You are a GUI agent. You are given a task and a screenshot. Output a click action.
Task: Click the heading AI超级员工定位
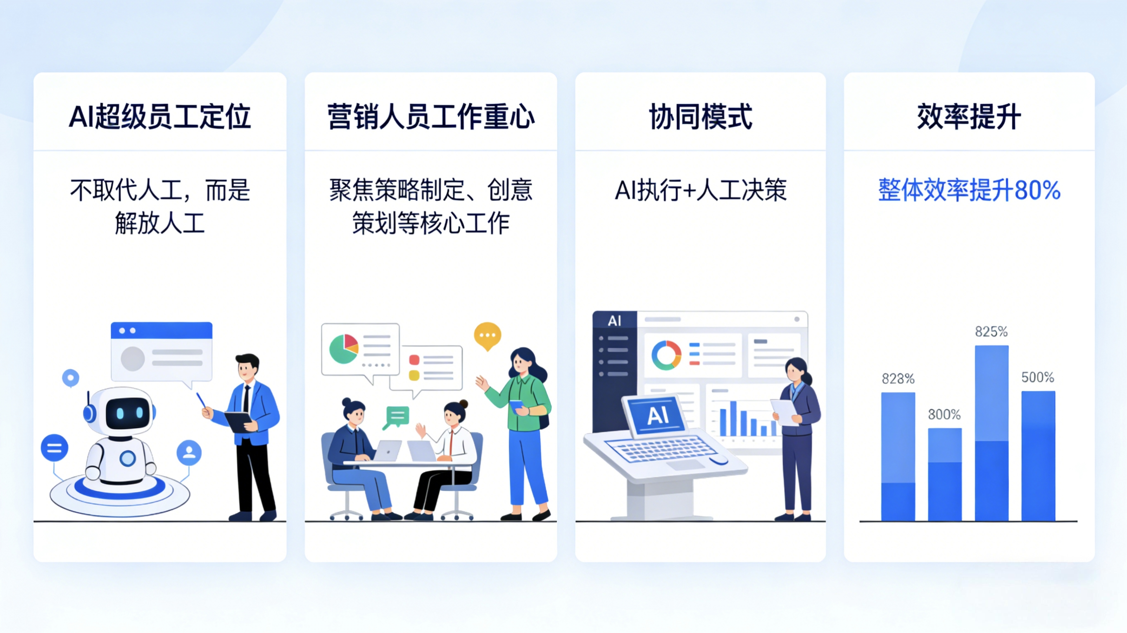click(x=160, y=117)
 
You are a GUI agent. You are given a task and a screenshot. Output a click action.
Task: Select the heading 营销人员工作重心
click(x=431, y=117)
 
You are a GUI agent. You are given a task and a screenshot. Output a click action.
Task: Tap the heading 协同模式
click(x=700, y=117)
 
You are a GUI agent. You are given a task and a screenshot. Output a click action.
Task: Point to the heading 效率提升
click(x=969, y=117)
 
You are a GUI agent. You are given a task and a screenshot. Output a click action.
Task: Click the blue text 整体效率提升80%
click(x=969, y=190)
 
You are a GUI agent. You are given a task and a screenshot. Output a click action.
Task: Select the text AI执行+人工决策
click(x=700, y=190)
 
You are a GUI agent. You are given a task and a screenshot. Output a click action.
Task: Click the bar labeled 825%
click(x=991, y=433)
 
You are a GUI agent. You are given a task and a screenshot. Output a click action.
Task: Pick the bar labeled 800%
click(x=944, y=475)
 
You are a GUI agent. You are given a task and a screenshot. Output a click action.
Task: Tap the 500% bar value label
click(x=1037, y=377)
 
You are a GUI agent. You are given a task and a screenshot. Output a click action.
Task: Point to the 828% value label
click(x=898, y=378)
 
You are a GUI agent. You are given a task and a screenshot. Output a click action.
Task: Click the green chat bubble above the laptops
click(x=397, y=416)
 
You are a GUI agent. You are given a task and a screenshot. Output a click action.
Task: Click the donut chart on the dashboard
click(x=666, y=355)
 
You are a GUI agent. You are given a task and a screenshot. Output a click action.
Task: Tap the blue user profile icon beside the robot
click(x=189, y=452)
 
